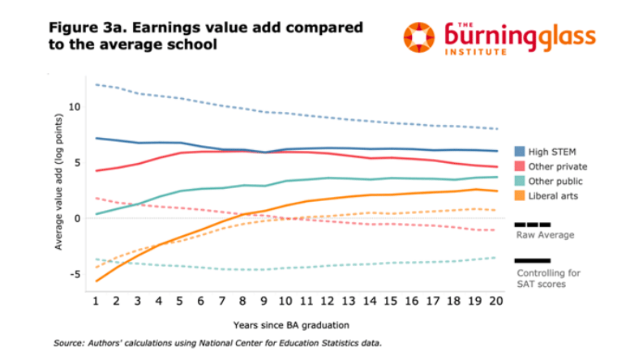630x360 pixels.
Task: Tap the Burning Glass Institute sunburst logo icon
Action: point(420,36)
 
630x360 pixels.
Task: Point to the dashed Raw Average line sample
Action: point(533,225)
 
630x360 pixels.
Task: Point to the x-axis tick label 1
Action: point(96,301)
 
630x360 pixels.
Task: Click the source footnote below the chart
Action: point(218,344)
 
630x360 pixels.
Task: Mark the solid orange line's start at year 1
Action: point(96,281)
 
